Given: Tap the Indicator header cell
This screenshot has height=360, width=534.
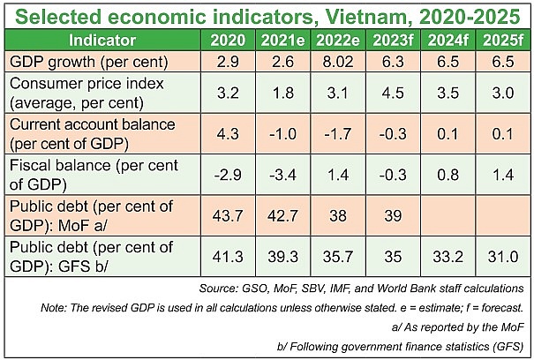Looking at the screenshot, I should click(x=102, y=40).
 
